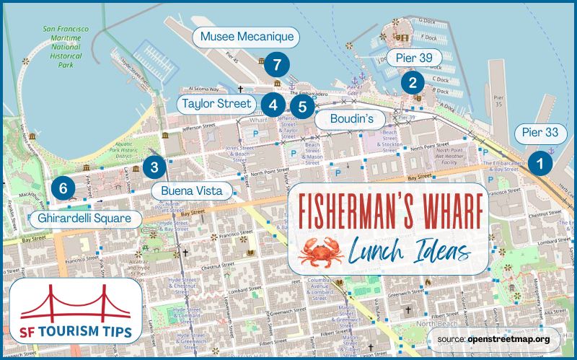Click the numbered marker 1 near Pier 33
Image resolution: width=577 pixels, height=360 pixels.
[x=539, y=163]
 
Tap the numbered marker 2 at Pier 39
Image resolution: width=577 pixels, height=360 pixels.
[x=413, y=82]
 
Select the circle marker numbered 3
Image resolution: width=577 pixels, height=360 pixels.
[x=154, y=167]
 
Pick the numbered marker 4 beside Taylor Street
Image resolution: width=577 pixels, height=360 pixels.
[x=273, y=105]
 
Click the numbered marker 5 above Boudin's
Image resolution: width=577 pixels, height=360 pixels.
[x=303, y=108]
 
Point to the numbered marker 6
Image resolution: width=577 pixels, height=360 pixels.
[x=63, y=189]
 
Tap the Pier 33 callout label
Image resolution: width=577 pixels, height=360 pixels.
[x=541, y=133]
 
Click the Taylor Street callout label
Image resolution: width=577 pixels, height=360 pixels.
[x=216, y=104]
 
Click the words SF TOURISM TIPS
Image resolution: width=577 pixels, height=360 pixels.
[x=76, y=333]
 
